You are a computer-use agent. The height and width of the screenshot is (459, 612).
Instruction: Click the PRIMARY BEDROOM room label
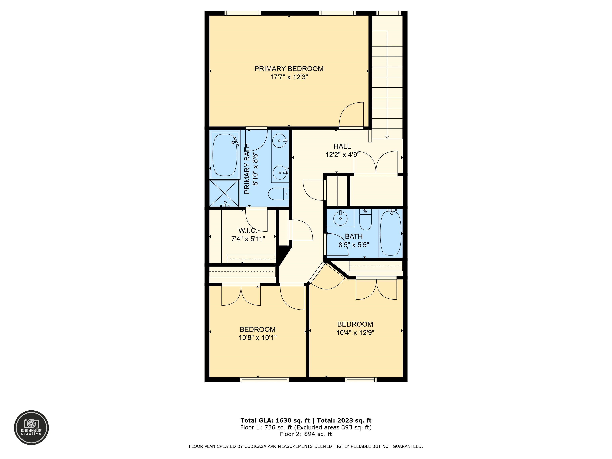289,69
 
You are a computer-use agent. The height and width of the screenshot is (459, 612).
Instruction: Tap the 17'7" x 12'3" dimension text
289,77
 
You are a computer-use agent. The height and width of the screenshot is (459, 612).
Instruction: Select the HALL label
342,146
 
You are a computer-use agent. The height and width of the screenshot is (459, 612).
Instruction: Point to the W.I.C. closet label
248,230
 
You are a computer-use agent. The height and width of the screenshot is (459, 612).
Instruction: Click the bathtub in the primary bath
225,155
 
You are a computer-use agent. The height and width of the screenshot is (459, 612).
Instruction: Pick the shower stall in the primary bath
224,193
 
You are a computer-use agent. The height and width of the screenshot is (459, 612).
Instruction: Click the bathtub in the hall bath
391,233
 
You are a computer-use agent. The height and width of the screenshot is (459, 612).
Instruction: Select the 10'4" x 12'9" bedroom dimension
355,332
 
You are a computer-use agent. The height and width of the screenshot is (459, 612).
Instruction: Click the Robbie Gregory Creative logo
31,428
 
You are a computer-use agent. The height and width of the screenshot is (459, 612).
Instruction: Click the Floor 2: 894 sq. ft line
306,434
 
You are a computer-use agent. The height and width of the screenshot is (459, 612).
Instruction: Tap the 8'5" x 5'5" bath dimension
354,245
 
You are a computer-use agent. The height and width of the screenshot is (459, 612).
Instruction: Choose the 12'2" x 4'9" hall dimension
342,154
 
